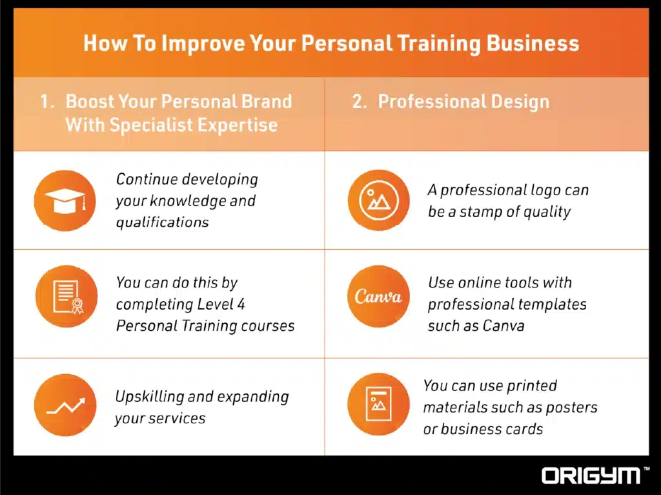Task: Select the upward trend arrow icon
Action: [x=65, y=405]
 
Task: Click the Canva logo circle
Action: [x=378, y=297]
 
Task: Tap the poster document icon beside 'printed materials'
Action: [x=378, y=405]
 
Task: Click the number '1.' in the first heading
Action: [x=47, y=101]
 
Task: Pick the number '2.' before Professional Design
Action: [x=360, y=101]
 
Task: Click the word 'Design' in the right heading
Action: [x=519, y=101]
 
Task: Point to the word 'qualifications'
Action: [x=162, y=222]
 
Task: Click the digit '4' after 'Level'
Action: [x=241, y=304]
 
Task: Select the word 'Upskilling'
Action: [x=150, y=396]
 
